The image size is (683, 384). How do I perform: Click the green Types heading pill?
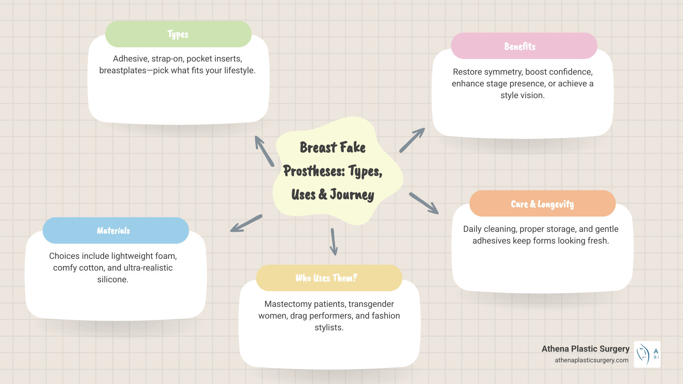178,34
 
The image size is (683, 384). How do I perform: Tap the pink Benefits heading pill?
524,46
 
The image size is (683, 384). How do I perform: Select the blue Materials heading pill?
116,230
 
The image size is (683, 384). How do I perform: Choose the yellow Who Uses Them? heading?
329,278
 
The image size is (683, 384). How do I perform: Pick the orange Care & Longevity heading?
542,204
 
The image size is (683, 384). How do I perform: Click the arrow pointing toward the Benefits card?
412,140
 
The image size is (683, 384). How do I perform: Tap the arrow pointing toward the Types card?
264,151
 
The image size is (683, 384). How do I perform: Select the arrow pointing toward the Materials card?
246,223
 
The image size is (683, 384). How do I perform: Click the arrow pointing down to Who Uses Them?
334,242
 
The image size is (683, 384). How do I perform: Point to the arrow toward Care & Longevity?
424,203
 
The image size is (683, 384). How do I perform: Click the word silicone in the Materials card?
113,279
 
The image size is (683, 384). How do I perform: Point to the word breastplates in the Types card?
123,70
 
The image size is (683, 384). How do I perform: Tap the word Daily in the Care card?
472,229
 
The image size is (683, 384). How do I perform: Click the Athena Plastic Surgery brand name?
585,349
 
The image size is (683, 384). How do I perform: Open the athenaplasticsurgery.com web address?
591,360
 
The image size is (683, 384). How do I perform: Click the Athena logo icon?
647,354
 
